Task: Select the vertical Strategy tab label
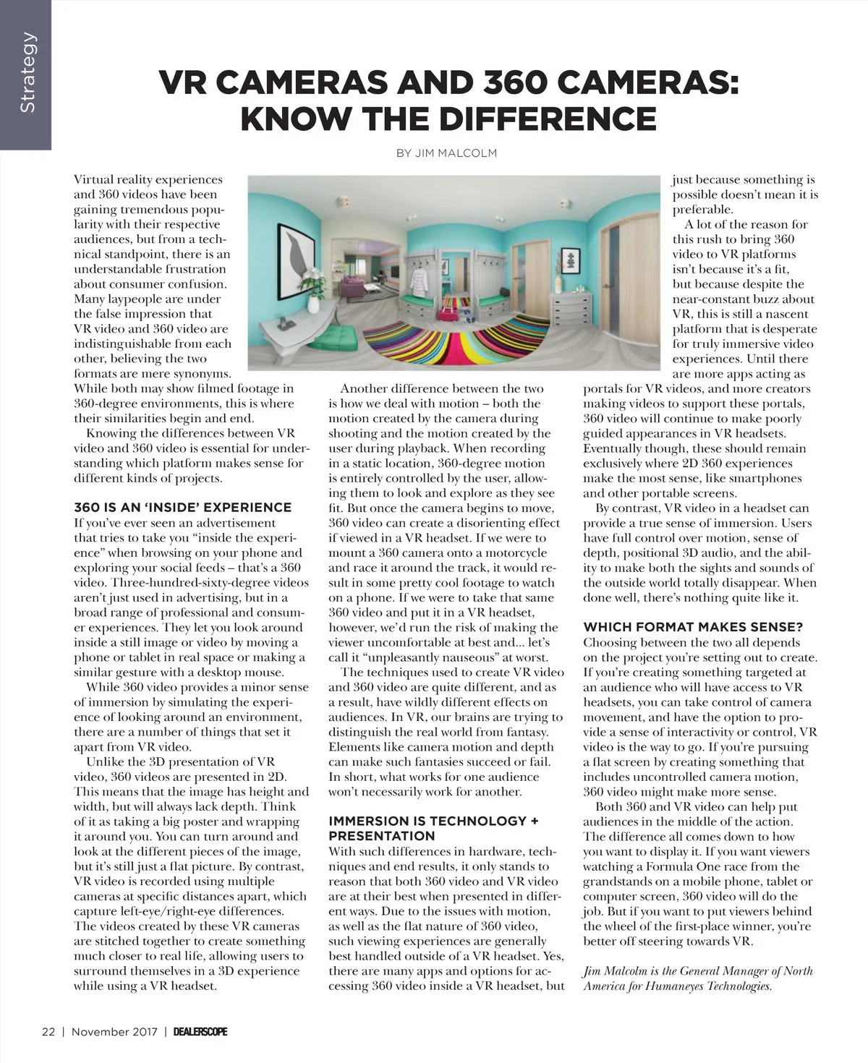pos(27,72)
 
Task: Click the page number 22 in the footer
pos(48,1031)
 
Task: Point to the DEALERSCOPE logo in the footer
pos(200,1031)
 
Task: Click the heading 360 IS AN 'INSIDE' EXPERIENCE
pos(182,508)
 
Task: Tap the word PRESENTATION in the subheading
pos(381,836)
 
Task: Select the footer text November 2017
pos(114,1031)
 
